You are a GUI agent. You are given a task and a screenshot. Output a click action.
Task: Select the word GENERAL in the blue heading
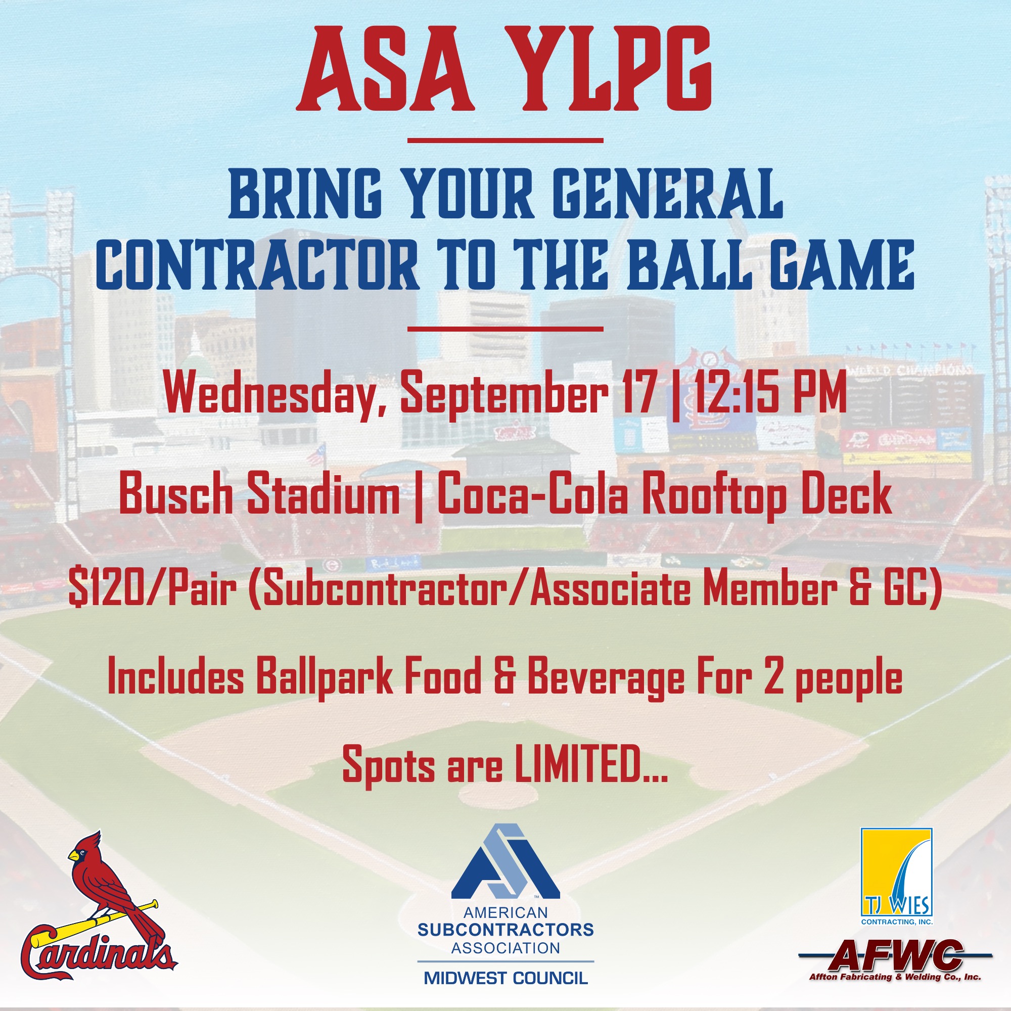(x=668, y=193)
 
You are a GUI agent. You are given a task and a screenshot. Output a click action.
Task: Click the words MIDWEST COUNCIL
(x=505, y=978)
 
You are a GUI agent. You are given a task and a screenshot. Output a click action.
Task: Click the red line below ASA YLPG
(x=505, y=140)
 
